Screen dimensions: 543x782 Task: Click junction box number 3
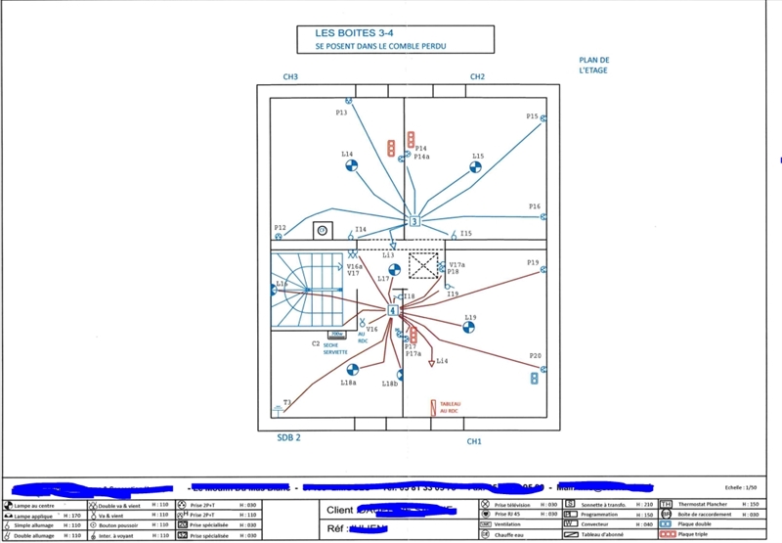point(413,221)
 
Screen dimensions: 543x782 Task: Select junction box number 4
point(393,310)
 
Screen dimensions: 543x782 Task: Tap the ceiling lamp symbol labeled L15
point(474,167)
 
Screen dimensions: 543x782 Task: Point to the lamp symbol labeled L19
point(468,327)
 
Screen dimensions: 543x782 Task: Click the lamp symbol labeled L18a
point(352,369)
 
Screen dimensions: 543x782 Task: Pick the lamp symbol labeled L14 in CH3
point(351,165)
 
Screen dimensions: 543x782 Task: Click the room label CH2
point(477,76)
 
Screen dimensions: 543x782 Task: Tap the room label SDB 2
point(290,438)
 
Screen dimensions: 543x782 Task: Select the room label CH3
point(290,76)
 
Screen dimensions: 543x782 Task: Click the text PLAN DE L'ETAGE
point(593,65)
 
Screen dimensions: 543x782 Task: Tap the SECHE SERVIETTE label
point(335,348)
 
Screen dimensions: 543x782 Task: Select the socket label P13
point(341,113)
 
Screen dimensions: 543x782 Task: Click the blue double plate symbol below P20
point(535,377)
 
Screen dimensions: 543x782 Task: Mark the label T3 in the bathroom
point(287,402)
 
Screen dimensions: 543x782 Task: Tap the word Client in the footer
point(338,510)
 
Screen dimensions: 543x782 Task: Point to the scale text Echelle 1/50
point(744,486)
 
